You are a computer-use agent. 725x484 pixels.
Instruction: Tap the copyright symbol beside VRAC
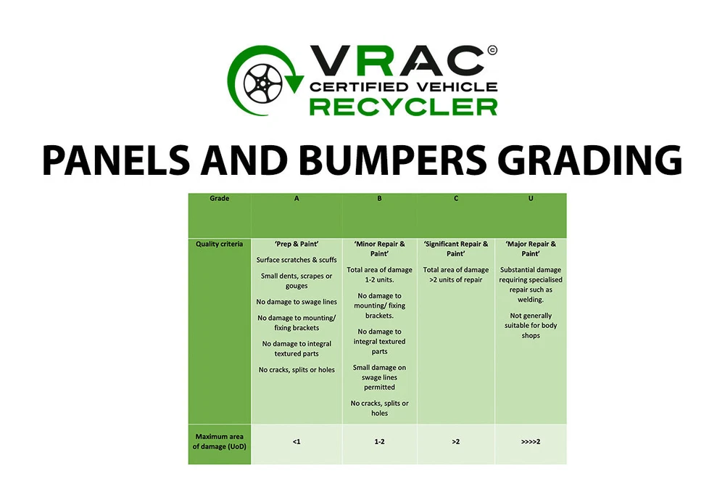click(x=492, y=50)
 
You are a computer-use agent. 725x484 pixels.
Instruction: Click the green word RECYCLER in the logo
click(x=403, y=107)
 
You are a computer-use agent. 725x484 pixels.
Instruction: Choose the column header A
click(x=297, y=199)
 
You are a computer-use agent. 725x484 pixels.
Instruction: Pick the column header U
click(x=531, y=199)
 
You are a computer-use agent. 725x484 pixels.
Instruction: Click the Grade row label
click(x=219, y=199)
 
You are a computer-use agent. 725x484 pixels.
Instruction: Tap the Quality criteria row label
click(x=219, y=244)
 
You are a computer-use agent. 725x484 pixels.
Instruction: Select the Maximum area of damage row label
click(x=219, y=441)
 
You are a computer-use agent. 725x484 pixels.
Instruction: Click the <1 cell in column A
click(x=297, y=442)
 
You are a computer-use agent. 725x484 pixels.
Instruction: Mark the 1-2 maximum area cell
click(x=380, y=442)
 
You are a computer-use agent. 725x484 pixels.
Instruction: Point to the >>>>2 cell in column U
click(x=531, y=442)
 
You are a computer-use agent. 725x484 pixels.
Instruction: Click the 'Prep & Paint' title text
click(x=297, y=244)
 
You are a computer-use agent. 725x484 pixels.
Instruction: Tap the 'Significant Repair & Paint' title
click(x=456, y=249)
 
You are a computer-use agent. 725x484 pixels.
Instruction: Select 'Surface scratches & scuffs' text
click(x=297, y=260)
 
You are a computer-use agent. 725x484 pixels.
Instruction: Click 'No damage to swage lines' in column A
click(x=297, y=302)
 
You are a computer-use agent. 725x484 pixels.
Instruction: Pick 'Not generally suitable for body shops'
click(x=531, y=326)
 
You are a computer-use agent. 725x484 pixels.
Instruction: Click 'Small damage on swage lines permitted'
click(x=380, y=377)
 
